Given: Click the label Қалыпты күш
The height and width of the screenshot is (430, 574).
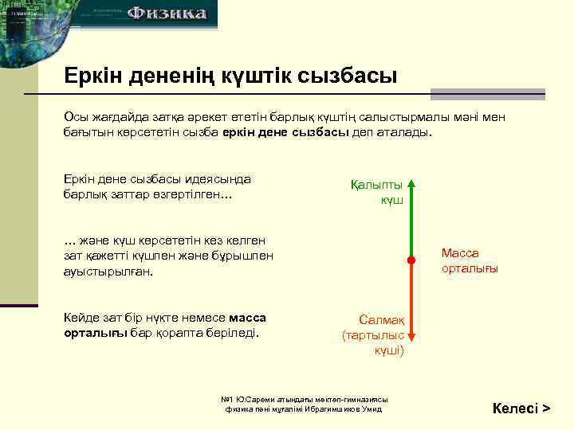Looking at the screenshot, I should [378, 192].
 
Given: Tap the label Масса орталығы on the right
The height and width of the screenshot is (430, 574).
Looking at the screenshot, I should [470, 260].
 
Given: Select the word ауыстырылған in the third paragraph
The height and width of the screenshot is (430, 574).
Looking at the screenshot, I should [108, 271].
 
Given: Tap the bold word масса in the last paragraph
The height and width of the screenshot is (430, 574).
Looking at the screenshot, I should [247, 317].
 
